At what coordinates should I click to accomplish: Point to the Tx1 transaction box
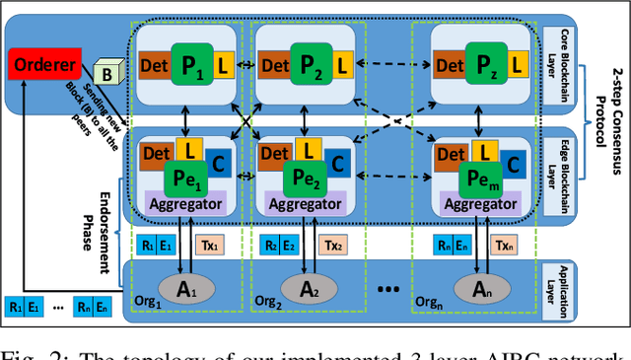click(x=210, y=244)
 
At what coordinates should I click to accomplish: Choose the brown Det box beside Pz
click(x=449, y=65)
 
